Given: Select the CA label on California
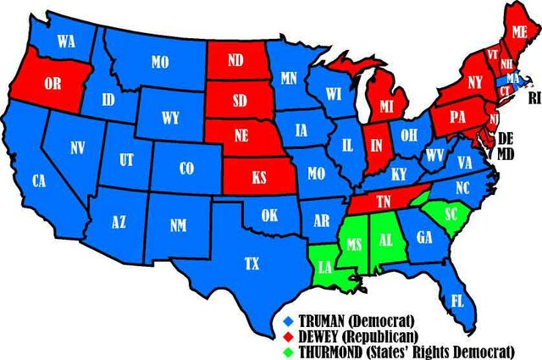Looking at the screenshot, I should (39, 180).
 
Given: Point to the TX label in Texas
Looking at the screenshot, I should (252, 263).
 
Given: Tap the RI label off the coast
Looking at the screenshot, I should (534, 97).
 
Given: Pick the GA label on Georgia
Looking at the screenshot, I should (424, 239).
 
